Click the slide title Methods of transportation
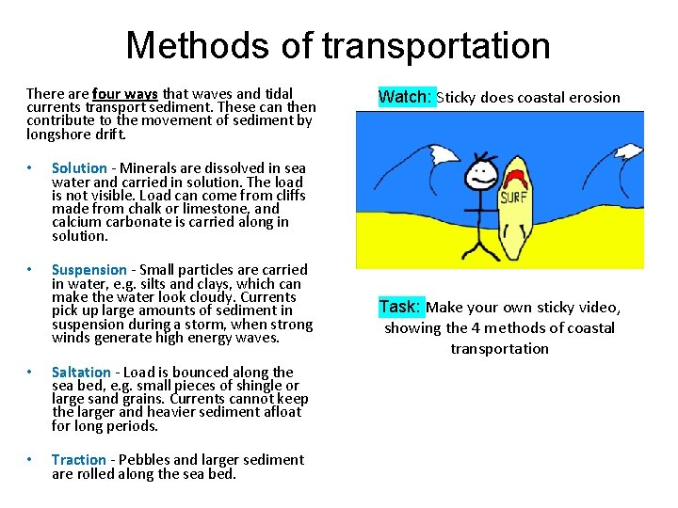[x=338, y=45]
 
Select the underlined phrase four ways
[x=125, y=94]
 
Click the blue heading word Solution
[x=79, y=168]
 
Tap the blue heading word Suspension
[x=89, y=270]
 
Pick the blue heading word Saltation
[x=81, y=373]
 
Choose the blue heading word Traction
[x=79, y=460]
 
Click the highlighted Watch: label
[x=407, y=97]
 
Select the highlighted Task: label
[x=400, y=308]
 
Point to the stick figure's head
[x=483, y=172]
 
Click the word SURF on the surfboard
[x=513, y=198]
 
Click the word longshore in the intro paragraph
[x=59, y=134]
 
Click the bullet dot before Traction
[x=30, y=460]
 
